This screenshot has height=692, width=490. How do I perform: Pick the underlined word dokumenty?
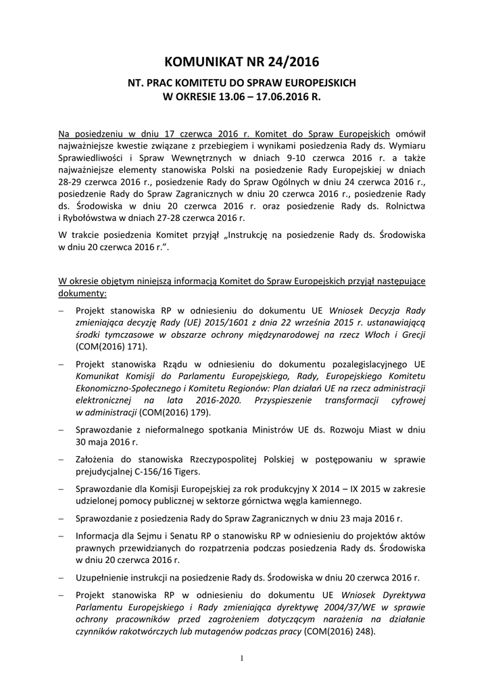coord(82,295)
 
